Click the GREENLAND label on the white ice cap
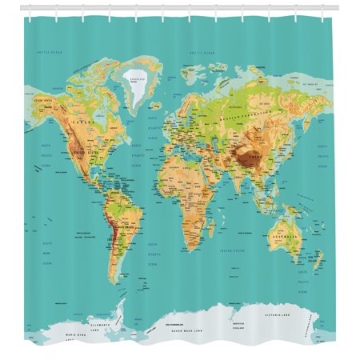(x=138, y=79)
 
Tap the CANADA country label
(x=81, y=122)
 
